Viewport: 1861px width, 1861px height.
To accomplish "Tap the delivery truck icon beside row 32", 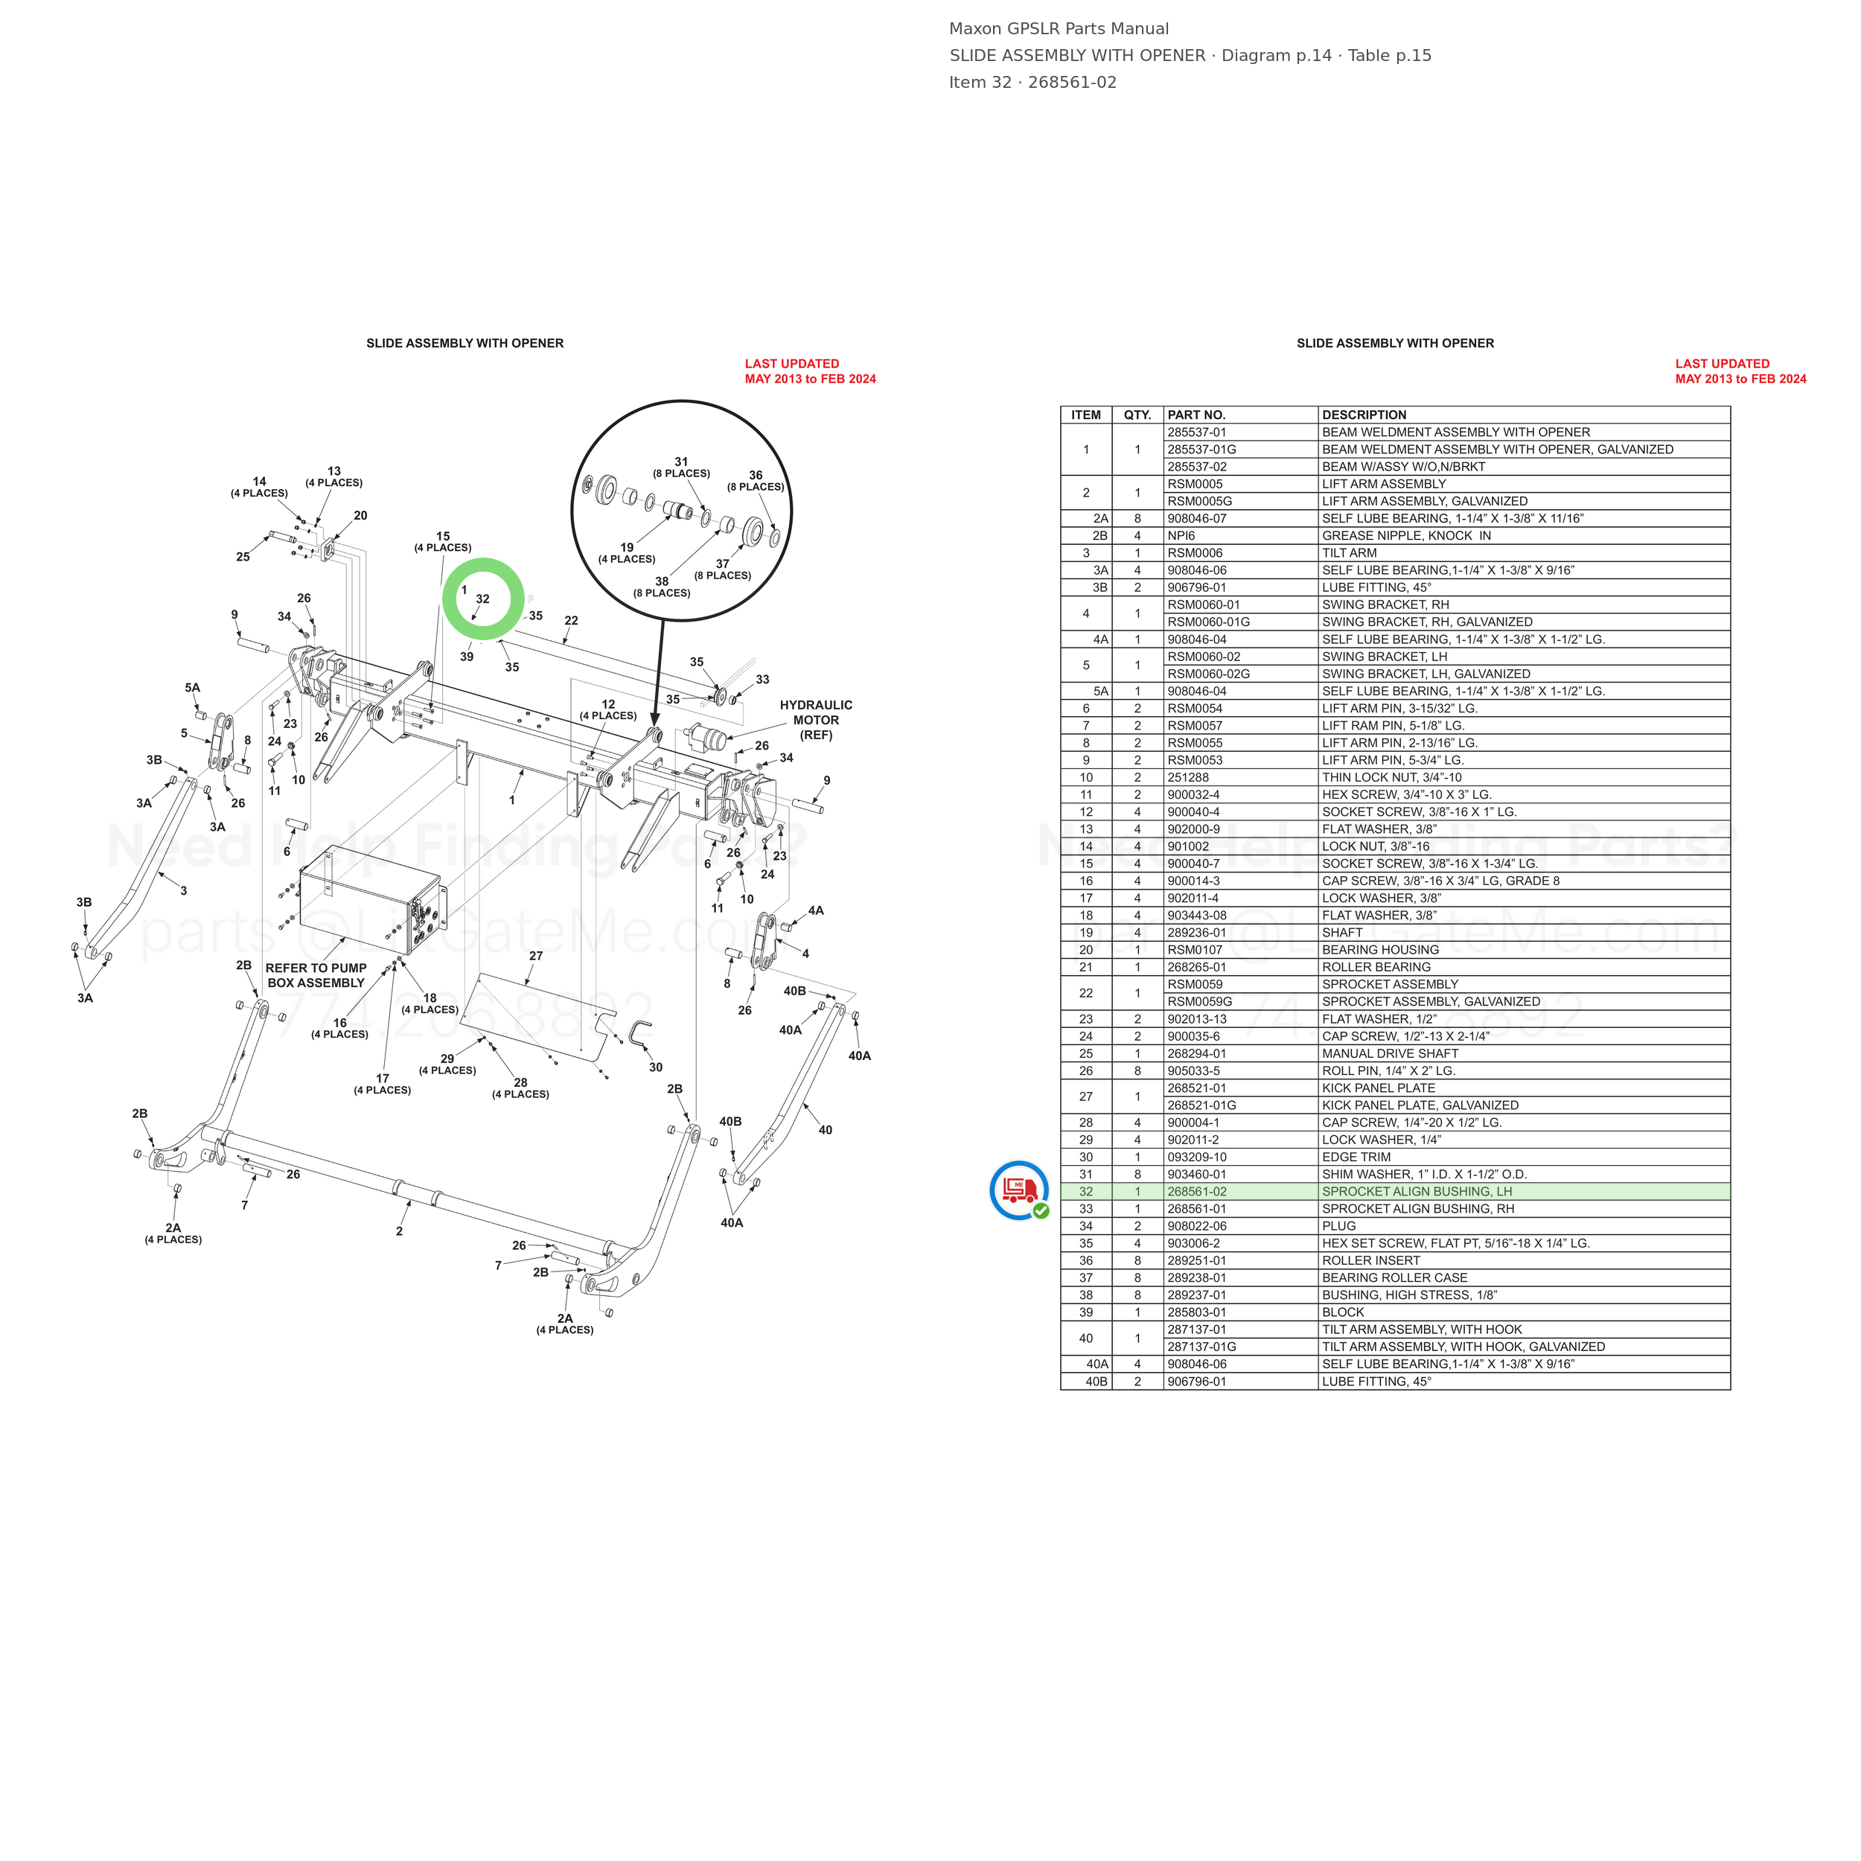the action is (1019, 1190).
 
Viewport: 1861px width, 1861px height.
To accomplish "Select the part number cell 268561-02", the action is (1197, 1192).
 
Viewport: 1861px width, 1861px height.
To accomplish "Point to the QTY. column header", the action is (1137, 415).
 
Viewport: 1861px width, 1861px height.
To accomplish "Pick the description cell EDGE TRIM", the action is (1356, 1157).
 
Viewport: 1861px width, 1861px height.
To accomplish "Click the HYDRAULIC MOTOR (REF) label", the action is (816, 720).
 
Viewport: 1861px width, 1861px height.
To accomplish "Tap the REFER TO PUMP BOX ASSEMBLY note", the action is (316, 975).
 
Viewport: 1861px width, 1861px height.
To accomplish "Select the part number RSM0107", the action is (1196, 950).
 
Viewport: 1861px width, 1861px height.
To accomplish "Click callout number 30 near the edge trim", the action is (656, 1067).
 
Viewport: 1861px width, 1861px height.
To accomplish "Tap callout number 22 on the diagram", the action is (571, 620).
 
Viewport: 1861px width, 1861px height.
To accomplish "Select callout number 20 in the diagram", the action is (360, 515).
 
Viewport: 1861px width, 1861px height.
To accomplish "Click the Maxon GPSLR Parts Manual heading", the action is (1059, 29).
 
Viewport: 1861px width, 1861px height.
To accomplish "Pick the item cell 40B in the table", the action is (1097, 1382).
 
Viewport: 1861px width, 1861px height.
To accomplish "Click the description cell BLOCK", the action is (1343, 1312).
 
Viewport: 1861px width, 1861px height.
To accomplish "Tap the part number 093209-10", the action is (1197, 1157).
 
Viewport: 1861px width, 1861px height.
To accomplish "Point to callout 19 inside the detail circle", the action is (627, 547).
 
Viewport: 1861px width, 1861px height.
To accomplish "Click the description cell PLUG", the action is (1339, 1226).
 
